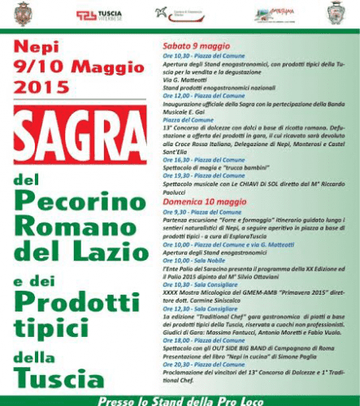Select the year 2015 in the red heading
pos(42,84)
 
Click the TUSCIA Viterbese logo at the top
pos(101,14)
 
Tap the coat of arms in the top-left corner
pos(24,12)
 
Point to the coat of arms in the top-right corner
pos(336,13)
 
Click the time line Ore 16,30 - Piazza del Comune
pos(198,161)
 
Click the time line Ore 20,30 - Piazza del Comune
pos(198,364)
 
